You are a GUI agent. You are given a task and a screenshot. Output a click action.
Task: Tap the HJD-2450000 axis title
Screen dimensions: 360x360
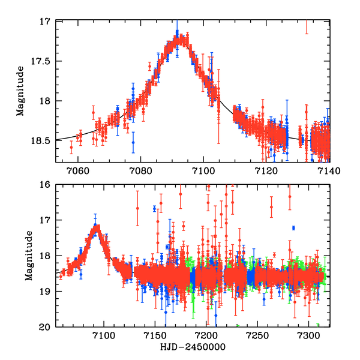[x=193, y=347]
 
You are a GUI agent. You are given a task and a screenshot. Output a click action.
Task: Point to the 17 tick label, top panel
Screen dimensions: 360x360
[x=45, y=22]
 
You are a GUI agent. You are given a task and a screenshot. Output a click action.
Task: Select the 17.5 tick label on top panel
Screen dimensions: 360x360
[x=41, y=61]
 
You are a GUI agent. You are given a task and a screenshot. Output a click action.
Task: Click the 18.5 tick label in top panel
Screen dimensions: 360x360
[x=41, y=140]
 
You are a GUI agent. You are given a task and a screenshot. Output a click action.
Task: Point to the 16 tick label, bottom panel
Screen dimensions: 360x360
[x=45, y=185]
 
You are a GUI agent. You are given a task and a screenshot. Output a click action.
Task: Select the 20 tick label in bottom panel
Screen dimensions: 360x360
[x=45, y=327]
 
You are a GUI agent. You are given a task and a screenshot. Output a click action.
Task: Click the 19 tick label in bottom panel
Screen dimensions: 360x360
[x=45, y=292]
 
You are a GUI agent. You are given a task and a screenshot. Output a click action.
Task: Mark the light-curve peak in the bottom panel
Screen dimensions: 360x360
[x=96, y=227]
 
